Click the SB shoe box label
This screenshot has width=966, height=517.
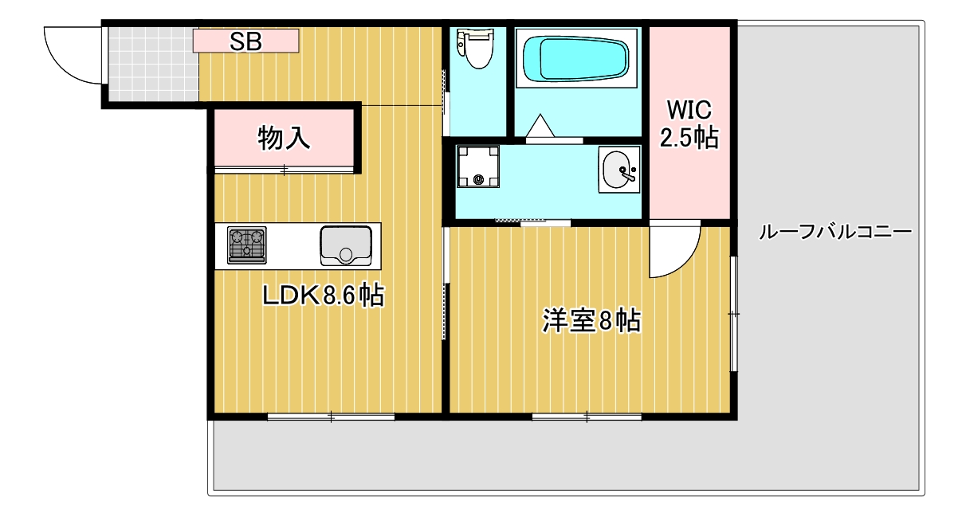[245, 42]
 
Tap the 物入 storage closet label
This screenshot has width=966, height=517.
[284, 138]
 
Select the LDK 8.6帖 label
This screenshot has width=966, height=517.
[323, 295]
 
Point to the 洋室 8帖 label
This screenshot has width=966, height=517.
[591, 320]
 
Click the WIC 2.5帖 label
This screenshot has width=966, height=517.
[689, 124]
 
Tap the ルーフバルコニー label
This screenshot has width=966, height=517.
[835, 232]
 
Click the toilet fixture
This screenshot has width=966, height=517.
[476, 49]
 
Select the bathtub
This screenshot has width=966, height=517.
[576, 59]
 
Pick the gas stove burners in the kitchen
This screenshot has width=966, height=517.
[246, 245]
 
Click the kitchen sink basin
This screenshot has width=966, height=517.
[346, 246]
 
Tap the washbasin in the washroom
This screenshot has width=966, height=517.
[619, 170]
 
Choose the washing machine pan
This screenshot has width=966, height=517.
[478, 166]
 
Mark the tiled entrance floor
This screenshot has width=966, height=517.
[153, 65]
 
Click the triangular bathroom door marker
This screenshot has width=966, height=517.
[540, 126]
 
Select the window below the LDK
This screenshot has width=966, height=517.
[332, 417]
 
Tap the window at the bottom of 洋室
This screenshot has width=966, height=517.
[587, 417]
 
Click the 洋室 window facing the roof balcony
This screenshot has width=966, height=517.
[733, 314]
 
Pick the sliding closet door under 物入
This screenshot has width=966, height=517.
[285, 170]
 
